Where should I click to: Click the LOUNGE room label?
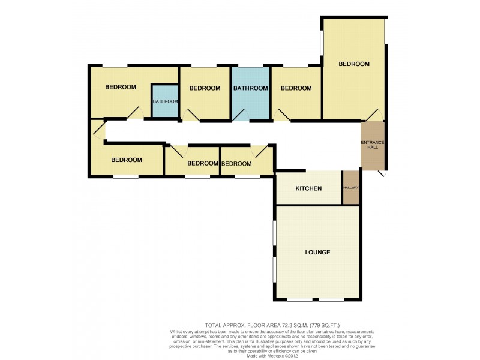click(317, 252)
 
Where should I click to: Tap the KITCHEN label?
click(308, 188)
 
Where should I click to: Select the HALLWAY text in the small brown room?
click(351, 188)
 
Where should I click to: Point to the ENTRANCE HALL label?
click(372, 145)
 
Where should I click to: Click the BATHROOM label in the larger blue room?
click(250, 88)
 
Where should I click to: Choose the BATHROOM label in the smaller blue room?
click(165, 101)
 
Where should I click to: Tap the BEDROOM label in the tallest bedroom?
click(353, 64)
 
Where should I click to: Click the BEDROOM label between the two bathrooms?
click(205, 88)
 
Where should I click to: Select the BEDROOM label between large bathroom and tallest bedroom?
click(296, 88)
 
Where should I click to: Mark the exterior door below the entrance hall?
click(382, 174)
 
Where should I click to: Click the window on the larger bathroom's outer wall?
click(250, 65)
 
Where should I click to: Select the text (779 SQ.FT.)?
click(326, 325)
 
